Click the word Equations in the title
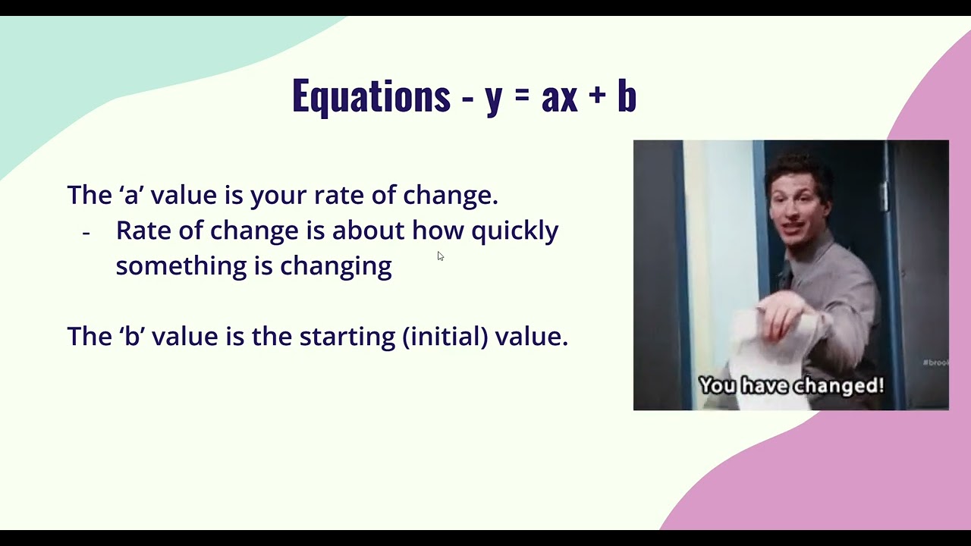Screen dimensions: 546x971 click(x=371, y=97)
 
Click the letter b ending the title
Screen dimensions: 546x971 click(x=627, y=96)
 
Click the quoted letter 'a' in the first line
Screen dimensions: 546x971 click(x=132, y=196)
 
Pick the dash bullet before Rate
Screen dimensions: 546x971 click(x=86, y=233)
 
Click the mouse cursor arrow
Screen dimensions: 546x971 click(x=440, y=256)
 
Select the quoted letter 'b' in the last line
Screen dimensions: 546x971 click(x=133, y=337)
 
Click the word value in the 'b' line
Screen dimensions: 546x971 click(x=182, y=337)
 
